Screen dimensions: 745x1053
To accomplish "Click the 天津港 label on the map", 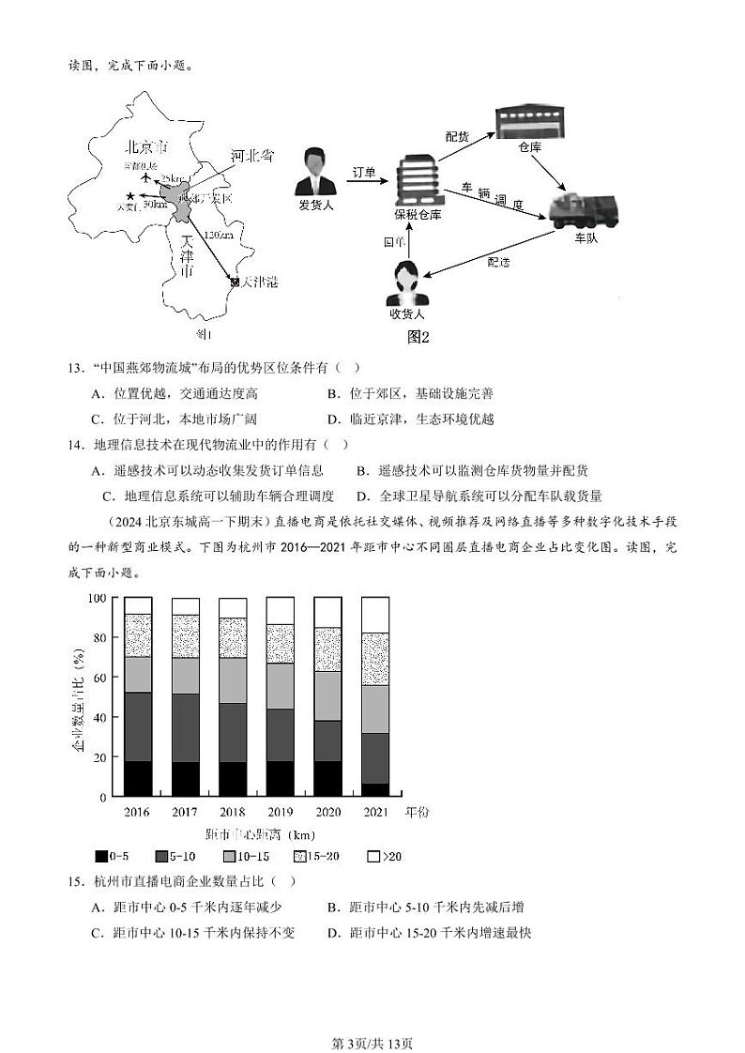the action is point(259,282).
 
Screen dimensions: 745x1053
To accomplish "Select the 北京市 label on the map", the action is point(146,148).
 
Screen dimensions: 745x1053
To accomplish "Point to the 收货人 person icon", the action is point(407,281).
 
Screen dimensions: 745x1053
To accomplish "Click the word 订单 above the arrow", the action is point(363,173).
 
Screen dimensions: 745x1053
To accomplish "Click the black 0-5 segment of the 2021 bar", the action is point(375,789).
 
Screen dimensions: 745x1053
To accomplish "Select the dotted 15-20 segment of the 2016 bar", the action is point(138,635).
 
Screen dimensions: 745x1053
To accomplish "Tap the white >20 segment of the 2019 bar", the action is point(281,610).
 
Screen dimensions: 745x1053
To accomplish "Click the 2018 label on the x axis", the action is point(233,812).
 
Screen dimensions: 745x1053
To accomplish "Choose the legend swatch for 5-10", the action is point(161,856).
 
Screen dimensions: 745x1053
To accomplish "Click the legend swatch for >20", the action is point(372,856).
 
